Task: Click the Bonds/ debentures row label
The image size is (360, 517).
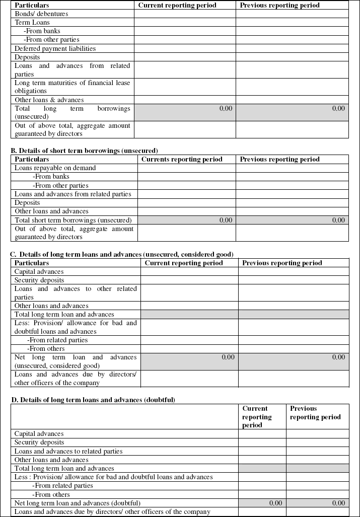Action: pyautogui.click(x=41, y=14)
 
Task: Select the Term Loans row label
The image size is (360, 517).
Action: pyautogui.click(x=32, y=23)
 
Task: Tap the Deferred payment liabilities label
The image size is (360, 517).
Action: pyautogui.click(x=55, y=49)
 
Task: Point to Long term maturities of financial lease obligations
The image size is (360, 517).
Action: pyautogui.click(x=72, y=87)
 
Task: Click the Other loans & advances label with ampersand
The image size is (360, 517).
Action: pyautogui.click(x=49, y=100)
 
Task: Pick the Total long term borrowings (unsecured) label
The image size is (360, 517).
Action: pyautogui.click(x=72, y=112)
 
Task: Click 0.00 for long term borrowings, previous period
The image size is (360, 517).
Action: pyautogui.click(x=338, y=108)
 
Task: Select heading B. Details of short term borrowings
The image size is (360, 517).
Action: pyautogui.click(x=84, y=151)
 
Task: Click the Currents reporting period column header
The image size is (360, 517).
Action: pyautogui.click(x=182, y=160)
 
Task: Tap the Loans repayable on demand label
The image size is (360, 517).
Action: pyautogui.click(x=55, y=168)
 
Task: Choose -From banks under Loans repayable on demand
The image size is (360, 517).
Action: pyautogui.click(x=51, y=177)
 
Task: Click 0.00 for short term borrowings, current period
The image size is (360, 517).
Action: pyautogui.click(x=226, y=220)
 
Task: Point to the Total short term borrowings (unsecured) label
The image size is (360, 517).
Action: pyautogui.click(x=73, y=220)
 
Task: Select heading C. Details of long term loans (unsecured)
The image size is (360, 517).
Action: pyautogui.click(x=121, y=254)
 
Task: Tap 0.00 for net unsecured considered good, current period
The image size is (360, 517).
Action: pyautogui.click(x=228, y=357)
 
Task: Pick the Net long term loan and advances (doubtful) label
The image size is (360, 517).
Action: pyautogui.click(x=77, y=503)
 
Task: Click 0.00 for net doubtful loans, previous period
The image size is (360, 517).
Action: pyautogui.click(x=338, y=503)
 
